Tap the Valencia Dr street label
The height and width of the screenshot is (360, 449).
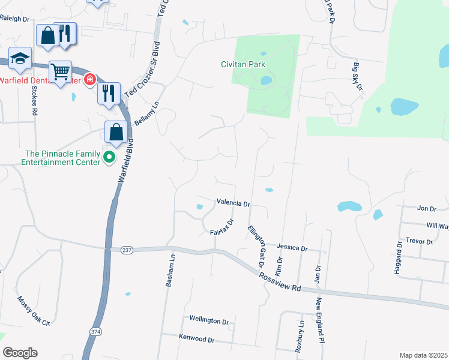tap(233, 203)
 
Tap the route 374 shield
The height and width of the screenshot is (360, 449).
tap(95, 332)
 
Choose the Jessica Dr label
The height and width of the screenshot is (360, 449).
tap(292, 247)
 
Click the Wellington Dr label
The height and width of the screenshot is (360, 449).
tap(209, 321)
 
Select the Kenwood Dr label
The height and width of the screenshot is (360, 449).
tap(196, 338)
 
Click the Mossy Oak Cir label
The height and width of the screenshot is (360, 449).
tap(34, 310)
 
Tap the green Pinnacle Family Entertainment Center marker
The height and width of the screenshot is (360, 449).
tap(109, 158)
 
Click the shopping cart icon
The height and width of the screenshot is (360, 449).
tap(61, 72)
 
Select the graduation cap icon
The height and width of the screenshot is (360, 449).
tap(20, 58)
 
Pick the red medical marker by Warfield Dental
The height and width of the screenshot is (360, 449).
tap(90, 79)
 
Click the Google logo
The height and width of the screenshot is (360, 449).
tap(20, 353)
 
